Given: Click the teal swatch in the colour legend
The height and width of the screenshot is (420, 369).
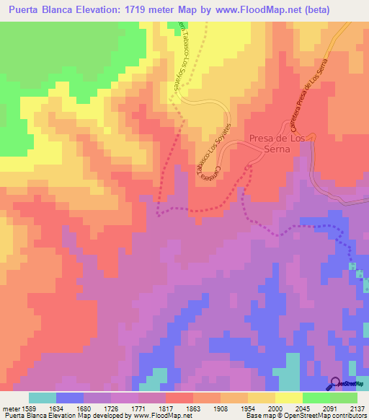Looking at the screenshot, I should [x=43, y=398].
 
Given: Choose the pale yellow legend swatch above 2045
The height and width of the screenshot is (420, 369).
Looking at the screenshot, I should [x=288, y=398].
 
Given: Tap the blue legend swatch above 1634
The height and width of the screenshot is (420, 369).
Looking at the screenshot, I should [x=70, y=398].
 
